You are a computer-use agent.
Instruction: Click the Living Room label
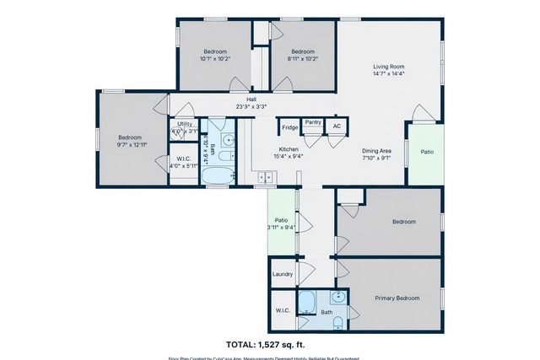[390, 67]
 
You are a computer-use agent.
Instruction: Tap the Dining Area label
[375, 148]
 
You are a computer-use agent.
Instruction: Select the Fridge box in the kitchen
[289, 128]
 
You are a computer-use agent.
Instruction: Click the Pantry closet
[313, 123]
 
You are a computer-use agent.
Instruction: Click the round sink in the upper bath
[228, 140]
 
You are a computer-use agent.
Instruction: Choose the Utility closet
[184, 127]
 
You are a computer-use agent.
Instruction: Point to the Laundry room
[282, 274]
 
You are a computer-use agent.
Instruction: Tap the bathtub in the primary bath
[305, 301]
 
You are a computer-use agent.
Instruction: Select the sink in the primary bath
[337, 296]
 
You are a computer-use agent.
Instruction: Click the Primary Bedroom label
[397, 298]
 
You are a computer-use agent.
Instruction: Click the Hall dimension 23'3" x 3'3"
[251, 107]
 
